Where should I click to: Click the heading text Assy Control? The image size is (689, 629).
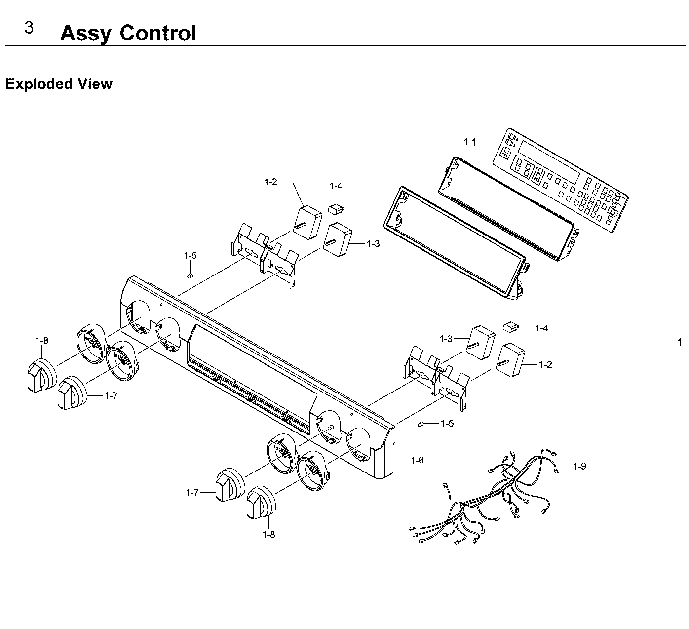[128, 34]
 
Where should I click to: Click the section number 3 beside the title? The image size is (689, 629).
[29, 28]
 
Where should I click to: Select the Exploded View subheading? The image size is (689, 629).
[59, 84]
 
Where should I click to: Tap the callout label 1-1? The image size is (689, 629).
[470, 142]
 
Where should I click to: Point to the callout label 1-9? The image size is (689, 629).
[580, 466]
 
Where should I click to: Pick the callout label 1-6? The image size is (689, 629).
[417, 460]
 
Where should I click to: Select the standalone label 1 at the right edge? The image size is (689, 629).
[680, 342]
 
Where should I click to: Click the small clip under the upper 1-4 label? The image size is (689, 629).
[336, 209]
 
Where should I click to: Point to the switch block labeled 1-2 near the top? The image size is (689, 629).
[307, 223]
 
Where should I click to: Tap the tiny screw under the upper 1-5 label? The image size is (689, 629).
[190, 275]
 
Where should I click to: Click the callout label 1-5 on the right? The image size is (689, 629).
[447, 423]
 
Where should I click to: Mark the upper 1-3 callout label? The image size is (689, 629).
[373, 244]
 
